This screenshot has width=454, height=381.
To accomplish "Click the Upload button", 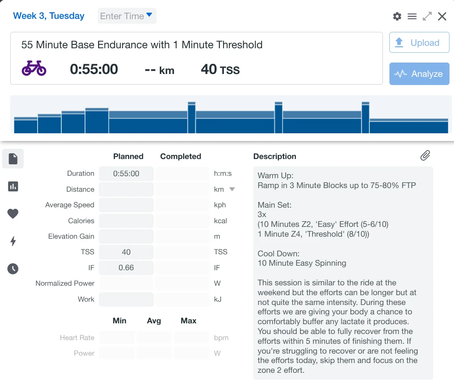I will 419,43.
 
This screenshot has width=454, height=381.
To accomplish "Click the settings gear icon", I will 397,16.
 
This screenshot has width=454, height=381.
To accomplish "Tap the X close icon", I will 442,16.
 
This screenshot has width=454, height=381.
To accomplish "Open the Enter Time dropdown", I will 127,16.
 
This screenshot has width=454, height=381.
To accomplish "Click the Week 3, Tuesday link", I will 49,16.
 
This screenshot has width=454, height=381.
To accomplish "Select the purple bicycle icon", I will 34,68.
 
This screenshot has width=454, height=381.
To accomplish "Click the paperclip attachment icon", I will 425,155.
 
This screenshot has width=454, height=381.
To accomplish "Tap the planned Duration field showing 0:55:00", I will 126,174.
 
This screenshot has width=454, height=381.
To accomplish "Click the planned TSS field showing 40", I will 126,252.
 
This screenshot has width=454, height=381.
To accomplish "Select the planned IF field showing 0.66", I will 126,268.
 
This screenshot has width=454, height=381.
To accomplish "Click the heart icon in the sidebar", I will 13,213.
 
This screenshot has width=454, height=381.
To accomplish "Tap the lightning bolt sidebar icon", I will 13,241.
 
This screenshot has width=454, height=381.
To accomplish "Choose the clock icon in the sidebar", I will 13,269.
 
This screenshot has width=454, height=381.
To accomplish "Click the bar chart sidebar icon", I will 13,186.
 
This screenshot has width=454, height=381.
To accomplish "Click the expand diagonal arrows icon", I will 427,16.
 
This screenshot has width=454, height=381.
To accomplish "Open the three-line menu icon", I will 412,16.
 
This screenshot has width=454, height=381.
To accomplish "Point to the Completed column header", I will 181,157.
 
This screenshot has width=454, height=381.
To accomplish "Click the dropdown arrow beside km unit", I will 232,189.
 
